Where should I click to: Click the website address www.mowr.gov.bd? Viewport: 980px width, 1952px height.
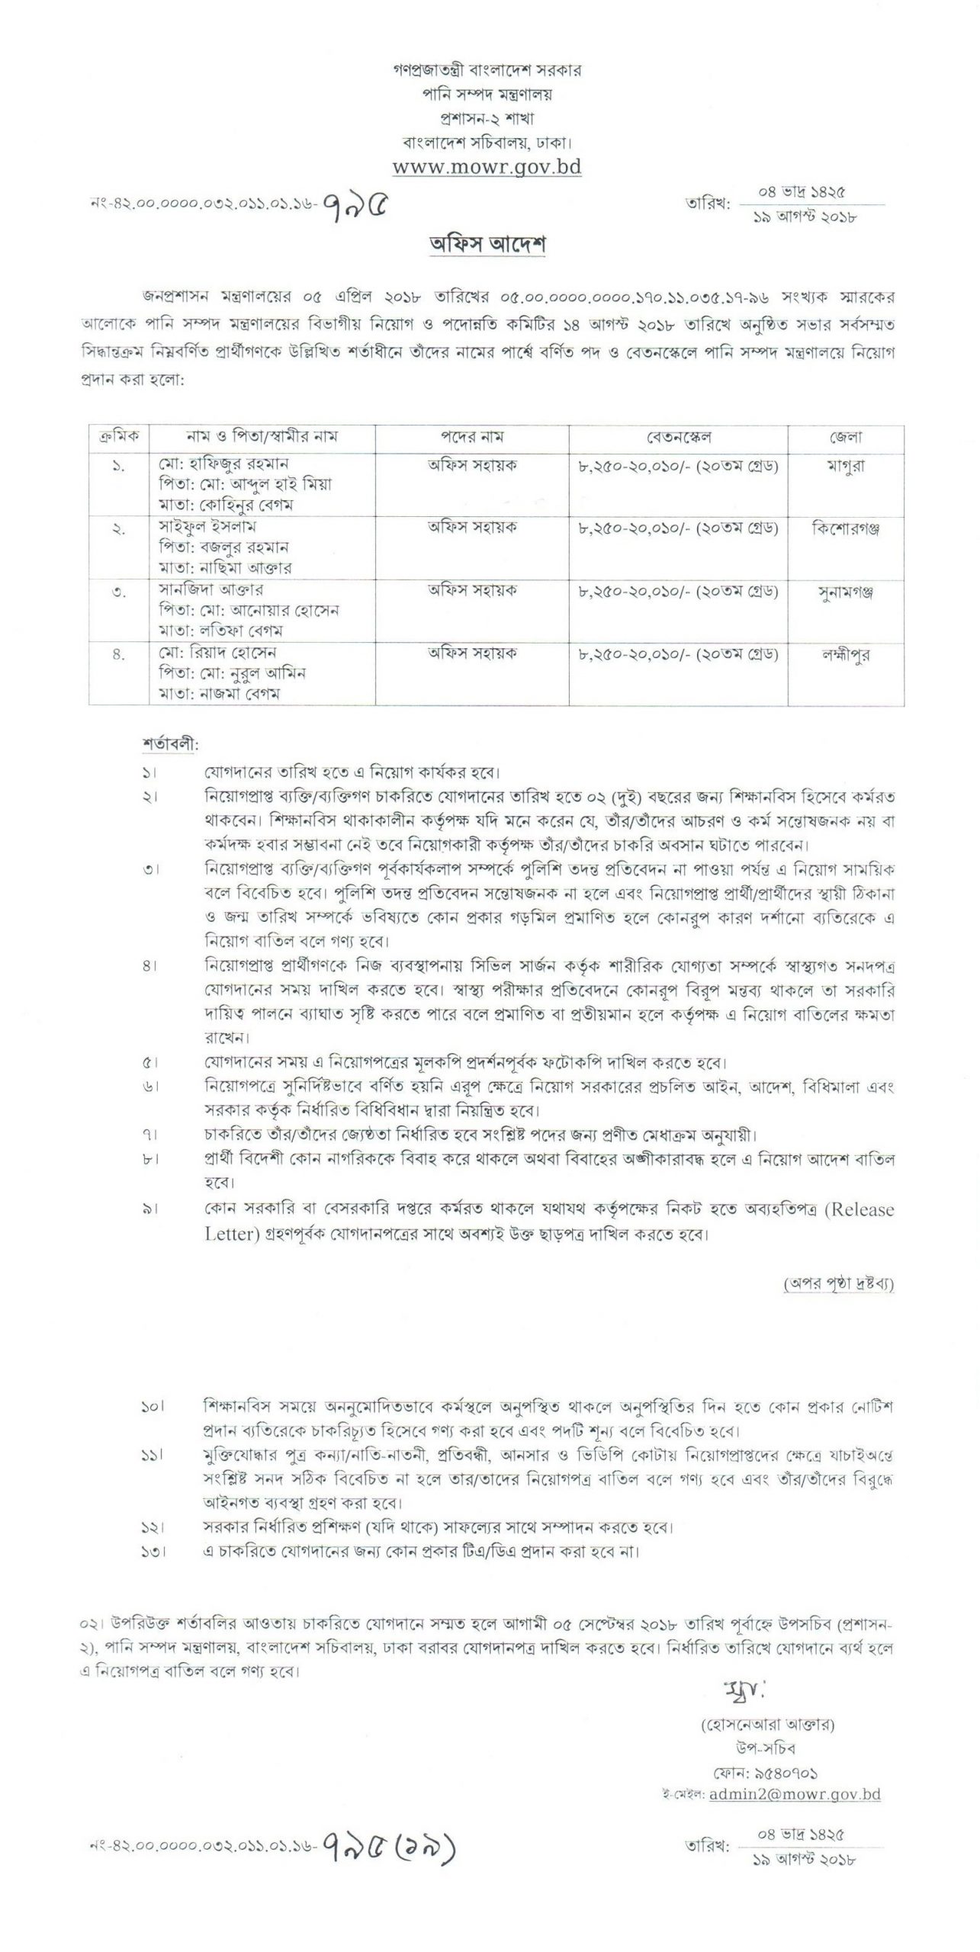487,167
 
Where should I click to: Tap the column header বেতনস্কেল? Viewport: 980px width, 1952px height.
678,438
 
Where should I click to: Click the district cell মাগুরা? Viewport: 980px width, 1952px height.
845,465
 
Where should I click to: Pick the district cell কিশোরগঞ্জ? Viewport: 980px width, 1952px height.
845,528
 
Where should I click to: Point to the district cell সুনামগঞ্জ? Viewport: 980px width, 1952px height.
845,592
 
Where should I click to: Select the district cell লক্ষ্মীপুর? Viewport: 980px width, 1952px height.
845,655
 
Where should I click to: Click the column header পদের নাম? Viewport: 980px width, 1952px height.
471,438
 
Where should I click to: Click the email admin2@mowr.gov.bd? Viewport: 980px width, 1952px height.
795,1794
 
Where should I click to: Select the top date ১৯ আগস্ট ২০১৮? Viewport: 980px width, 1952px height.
805,217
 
